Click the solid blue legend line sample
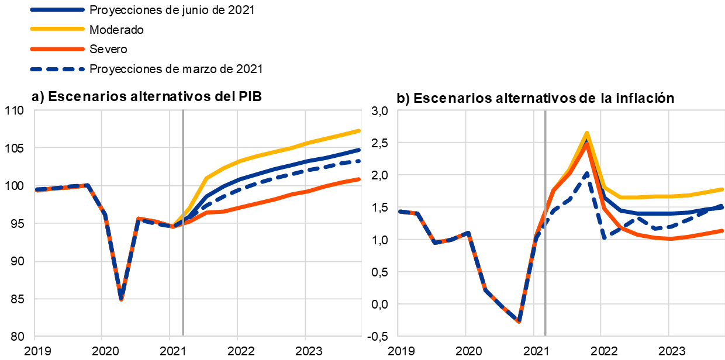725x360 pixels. point(57,10)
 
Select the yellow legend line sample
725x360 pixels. point(57,29)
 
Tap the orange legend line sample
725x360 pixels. point(57,49)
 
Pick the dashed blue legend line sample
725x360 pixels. point(57,69)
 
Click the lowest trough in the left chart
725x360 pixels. point(121,299)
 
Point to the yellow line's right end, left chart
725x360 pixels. point(359,130)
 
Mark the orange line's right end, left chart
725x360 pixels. point(359,179)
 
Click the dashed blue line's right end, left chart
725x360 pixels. point(359,160)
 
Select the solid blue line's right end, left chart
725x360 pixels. point(359,150)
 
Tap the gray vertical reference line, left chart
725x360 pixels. point(183,263)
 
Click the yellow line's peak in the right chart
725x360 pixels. point(586,133)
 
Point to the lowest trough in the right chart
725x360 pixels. point(519,321)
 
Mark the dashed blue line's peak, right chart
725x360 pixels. point(586,172)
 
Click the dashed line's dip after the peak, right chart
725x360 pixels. point(604,237)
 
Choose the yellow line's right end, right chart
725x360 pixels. point(723,189)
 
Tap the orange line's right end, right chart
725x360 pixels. point(723,230)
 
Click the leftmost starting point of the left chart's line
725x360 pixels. point(36,189)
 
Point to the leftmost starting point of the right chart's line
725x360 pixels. point(399,211)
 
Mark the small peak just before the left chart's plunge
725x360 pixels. point(87,185)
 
